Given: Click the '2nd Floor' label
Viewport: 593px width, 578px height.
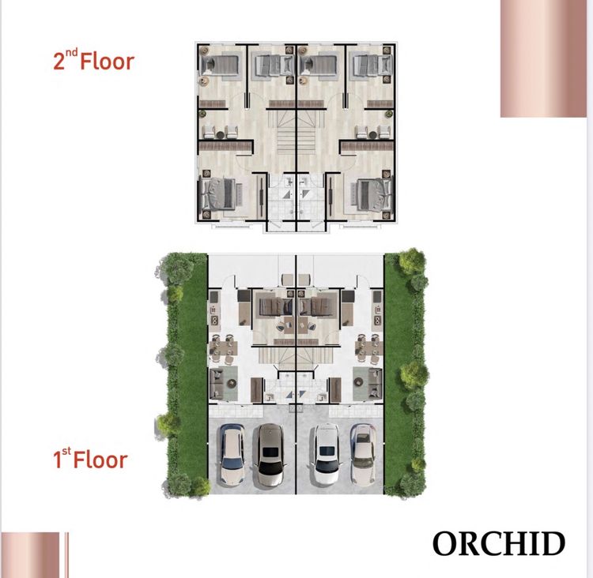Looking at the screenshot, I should pyautogui.click(x=93, y=61).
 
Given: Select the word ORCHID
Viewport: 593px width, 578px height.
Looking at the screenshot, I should pyautogui.click(x=499, y=543).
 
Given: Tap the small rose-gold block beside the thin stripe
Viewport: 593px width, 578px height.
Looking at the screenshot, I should pyautogui.click(x=30, y=554).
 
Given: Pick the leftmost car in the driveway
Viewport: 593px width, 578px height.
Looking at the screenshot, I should pyautogui.click(x=231, y=455).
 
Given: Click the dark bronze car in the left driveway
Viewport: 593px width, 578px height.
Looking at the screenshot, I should pyautogui.click(x=268, y=455).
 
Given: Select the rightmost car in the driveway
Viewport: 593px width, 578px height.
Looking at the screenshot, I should pyautogui.click(x=363, y=455).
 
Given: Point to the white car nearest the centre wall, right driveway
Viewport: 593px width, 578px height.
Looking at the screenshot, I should pyautogui.click(x=325, y=455).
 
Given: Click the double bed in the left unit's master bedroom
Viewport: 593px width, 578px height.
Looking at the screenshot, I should pyautogui.click(x=219, y=194).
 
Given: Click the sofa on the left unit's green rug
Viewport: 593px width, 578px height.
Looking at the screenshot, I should pyautogui.click(x=218, y=381).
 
